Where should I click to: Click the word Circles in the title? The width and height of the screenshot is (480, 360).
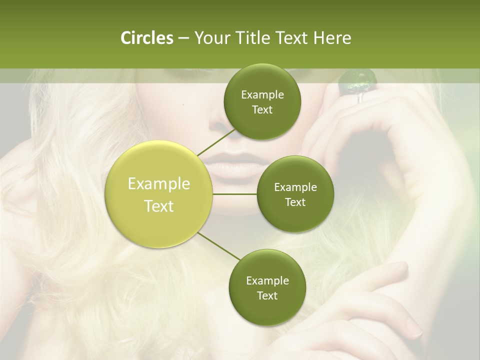tap(146, 38)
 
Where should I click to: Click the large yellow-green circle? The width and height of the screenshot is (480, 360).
tap(159, 194)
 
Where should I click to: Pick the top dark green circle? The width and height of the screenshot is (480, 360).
tap(262, 102)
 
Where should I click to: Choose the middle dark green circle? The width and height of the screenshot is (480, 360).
tap(295, 194)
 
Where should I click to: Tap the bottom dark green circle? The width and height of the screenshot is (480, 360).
tap(267, 287)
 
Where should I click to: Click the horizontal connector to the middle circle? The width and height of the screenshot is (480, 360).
tap(235, 194)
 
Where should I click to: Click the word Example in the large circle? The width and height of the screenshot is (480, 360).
tap(159, 184)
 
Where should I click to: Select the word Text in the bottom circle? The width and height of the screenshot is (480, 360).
tap(267, 295)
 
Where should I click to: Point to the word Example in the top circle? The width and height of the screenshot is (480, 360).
tap(262, 95)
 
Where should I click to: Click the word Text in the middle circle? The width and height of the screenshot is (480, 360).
tap(295, 202)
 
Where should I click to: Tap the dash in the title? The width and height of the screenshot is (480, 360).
tap(183, 38)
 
